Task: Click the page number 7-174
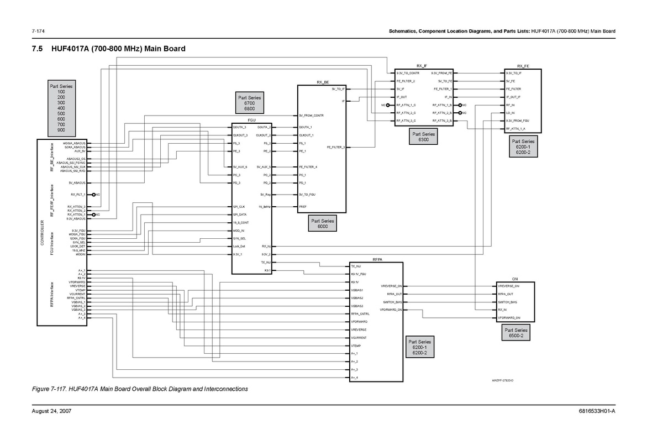tap(38, 31)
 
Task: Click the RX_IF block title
tap(422, 65)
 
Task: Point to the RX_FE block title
tap(523, 66)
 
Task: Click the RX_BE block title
tap(323, 82)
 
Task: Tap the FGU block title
tap(251, 119)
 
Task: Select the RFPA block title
tap(377, 259)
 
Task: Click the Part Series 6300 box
tap(424, 137)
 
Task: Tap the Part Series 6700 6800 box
tap(249, 103)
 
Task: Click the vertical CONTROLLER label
tap(43, 233)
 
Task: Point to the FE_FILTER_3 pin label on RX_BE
tap(336, 147)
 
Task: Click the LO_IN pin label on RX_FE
tap(511, 113)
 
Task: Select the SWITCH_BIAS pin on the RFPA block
tap(392, 302)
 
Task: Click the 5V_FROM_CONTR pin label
tap(311, 116)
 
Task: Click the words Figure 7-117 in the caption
tap(50, 389)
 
